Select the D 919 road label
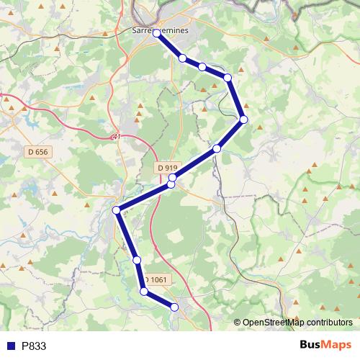(x=167, y=168)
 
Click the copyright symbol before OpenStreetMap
(x=238, y=323)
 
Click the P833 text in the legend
(x=34, y=346)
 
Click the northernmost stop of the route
(x=156, y=33)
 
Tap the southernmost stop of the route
(x=174, y=307)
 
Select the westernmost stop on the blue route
(x=117, y=210)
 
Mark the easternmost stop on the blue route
(x=244, y=119)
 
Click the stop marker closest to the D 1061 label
(x=144, y=292)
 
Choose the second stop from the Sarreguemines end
(x=183, y=58)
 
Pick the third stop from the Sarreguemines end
(x=202, y=67)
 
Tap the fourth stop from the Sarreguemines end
(x=228, y=77)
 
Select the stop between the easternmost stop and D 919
(x=217, y=148)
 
